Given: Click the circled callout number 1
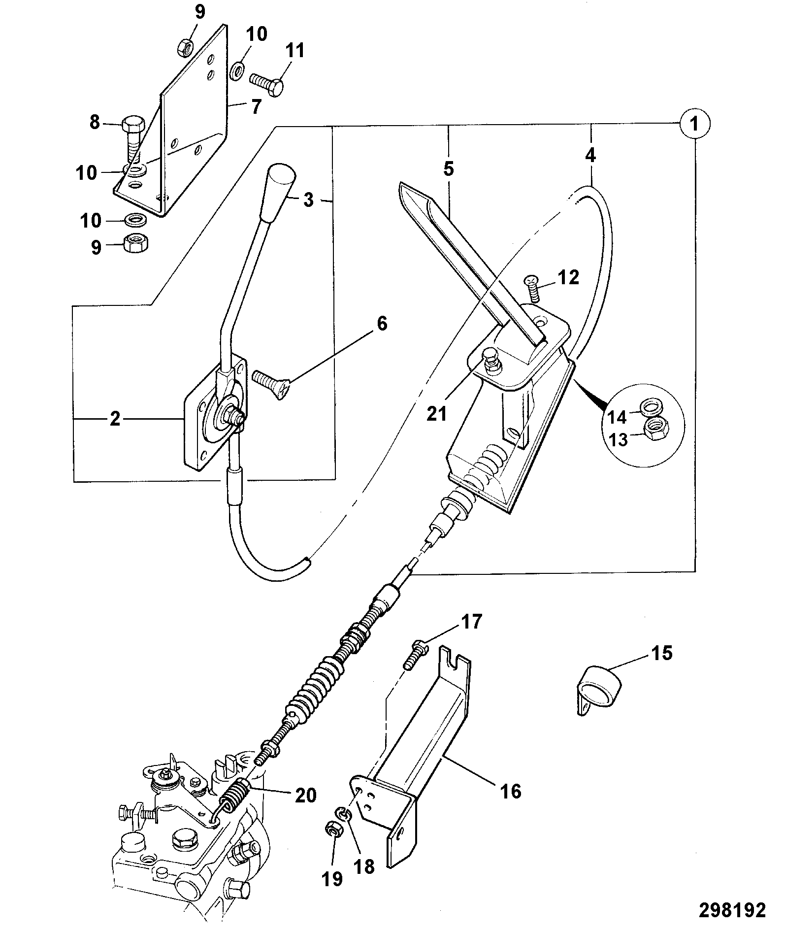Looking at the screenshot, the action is [x=695, y=124].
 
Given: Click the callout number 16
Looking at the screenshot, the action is [x=511, y=792].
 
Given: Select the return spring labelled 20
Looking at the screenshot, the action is [x=233, y=801].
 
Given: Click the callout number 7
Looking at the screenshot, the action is [x=255, y=107].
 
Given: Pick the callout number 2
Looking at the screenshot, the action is [x=115, y=419].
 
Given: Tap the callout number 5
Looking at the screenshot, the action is [x=448, y=169].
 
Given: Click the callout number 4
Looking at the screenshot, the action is [x=590, y=156].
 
